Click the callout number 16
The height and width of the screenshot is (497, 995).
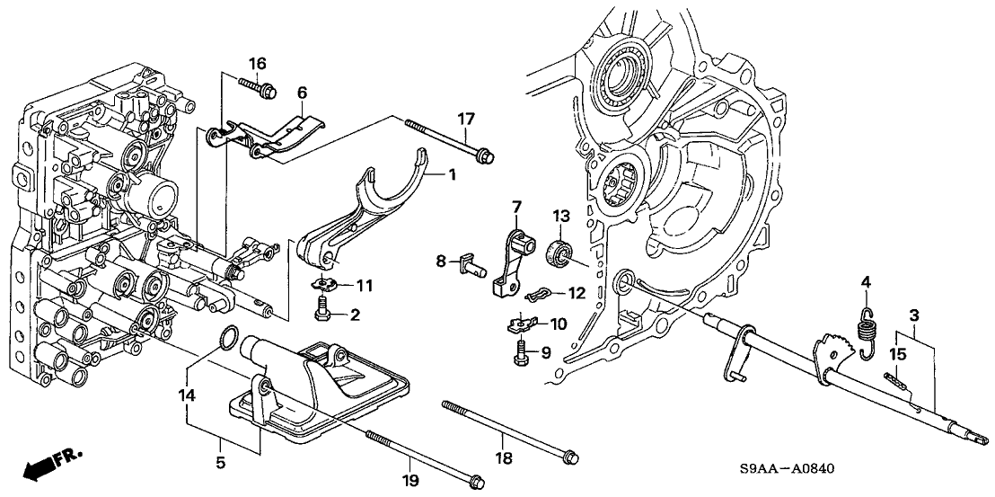[257, 63]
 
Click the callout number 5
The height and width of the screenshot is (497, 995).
[220, 465]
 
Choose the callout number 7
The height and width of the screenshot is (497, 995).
[515, 208]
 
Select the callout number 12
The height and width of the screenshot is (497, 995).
[577, 293]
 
